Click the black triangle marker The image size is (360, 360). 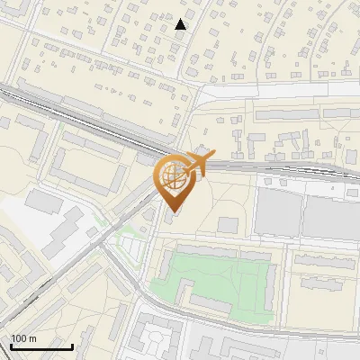click(181, 24)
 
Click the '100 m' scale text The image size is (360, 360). click(23, 338)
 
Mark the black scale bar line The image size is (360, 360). click(41, 346)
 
